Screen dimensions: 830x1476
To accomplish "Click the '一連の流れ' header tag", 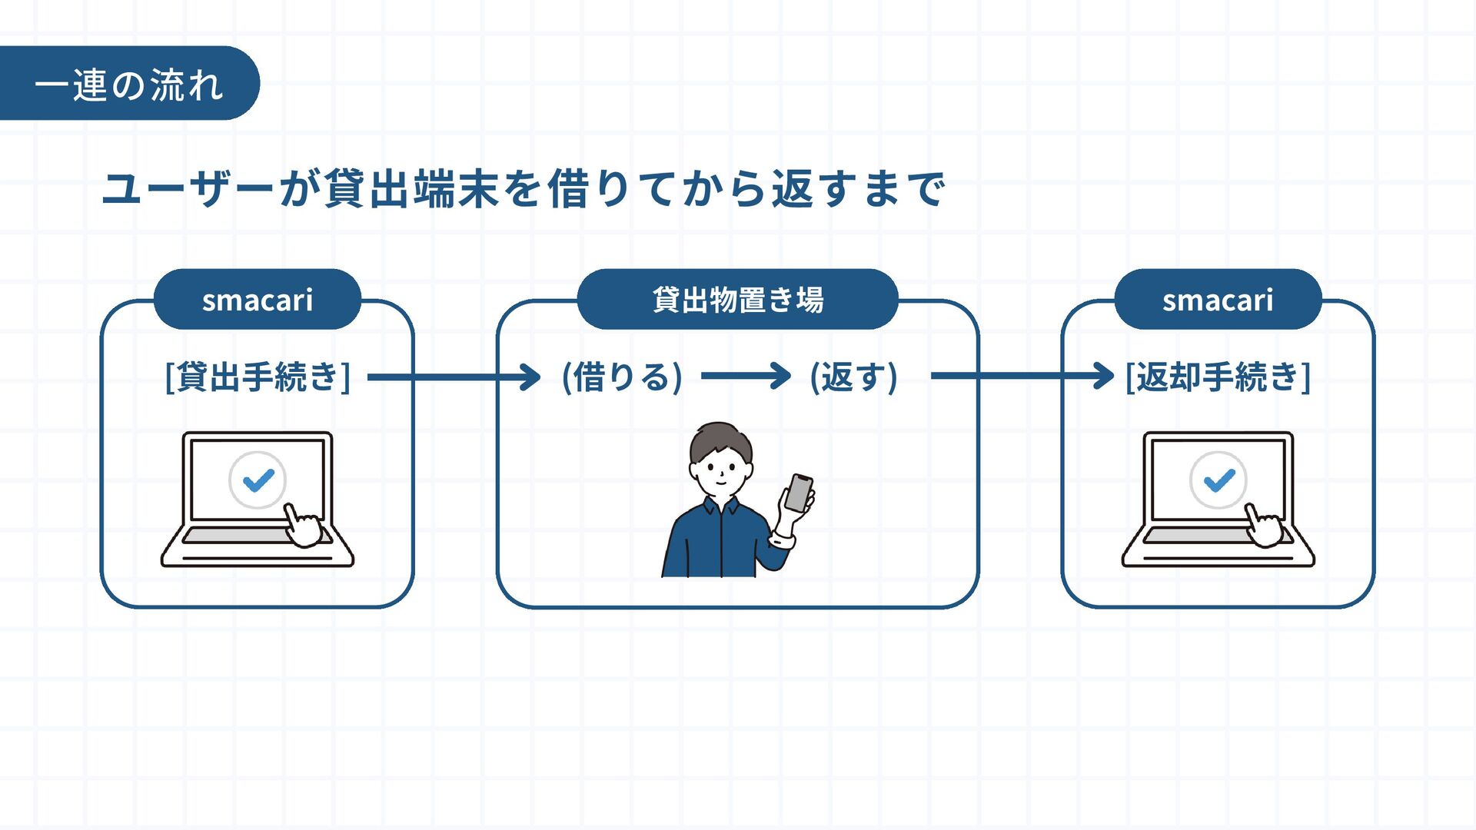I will (x=128, y=84).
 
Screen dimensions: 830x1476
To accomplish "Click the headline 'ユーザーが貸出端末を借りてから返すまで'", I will (x=523, y=189).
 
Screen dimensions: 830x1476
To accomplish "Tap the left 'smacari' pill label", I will (x=258, y=300).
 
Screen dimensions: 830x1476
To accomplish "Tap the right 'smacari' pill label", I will (x=1218, y=300).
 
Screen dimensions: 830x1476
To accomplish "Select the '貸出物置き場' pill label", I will (x=737, y=300).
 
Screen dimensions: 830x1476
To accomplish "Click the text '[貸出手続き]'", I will (x=258, y=377).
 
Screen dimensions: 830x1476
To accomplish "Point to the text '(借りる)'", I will (x=622, y=377).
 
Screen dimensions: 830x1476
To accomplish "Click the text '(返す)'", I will (x=853, y=377).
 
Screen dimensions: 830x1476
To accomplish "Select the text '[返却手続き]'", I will (x=1218, y=377).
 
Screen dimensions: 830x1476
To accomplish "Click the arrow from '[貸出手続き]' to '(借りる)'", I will (x=454, y=377).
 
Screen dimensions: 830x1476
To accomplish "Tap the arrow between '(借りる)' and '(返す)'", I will (x=746, y=376).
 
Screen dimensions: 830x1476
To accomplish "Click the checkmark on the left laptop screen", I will (x=258, y=480).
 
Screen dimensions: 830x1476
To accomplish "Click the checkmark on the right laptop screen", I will (x=1218, y=480).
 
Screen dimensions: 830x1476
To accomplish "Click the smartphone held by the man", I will (x=799, y=493).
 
